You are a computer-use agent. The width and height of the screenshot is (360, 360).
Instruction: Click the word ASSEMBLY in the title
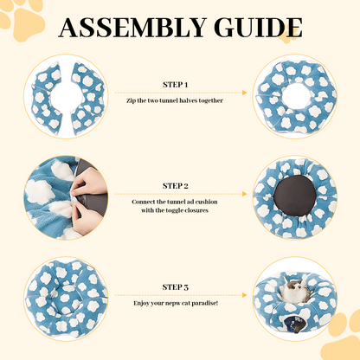pos(132,28)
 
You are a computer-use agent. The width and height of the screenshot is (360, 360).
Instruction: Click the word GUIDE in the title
pos(259,28)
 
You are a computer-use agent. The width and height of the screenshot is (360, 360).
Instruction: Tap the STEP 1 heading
pos(176,85)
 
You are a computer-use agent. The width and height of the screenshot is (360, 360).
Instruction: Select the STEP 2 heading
pos(176,186)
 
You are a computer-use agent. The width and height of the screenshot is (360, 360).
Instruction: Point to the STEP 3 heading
pos(176,287)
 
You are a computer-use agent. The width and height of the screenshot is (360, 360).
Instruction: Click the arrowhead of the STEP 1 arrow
pos(245,93)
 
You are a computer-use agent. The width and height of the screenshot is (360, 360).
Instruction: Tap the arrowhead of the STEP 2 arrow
pos(245,194)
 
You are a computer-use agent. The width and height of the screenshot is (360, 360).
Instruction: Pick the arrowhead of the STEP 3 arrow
pos(245,295)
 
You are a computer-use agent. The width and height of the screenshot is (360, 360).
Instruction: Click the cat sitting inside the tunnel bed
pos(296,290)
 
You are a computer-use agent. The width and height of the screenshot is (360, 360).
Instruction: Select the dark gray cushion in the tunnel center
pos(295,196)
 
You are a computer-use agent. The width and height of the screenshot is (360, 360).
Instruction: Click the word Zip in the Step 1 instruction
pos(131,101)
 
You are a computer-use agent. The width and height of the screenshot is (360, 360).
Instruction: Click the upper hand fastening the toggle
pos(88,182)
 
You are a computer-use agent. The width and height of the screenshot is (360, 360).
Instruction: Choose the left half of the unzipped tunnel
pos(47,99)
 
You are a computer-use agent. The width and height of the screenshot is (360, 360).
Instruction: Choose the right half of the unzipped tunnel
pos(87,98)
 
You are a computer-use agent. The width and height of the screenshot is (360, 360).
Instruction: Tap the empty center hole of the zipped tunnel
pos(296,96)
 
